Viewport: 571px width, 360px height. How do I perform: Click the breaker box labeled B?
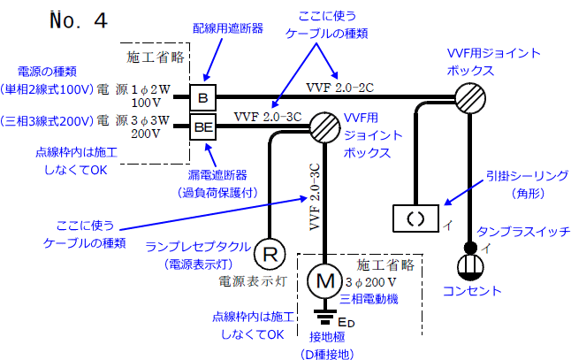tap(202, 96)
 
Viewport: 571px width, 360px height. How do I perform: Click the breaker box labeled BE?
tap(202, 126)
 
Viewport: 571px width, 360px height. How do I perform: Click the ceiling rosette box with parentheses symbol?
tap(415, 215)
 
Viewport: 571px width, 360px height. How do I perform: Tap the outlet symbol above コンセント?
tap(470, 265)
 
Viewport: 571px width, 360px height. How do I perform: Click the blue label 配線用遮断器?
tap(228, 28)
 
